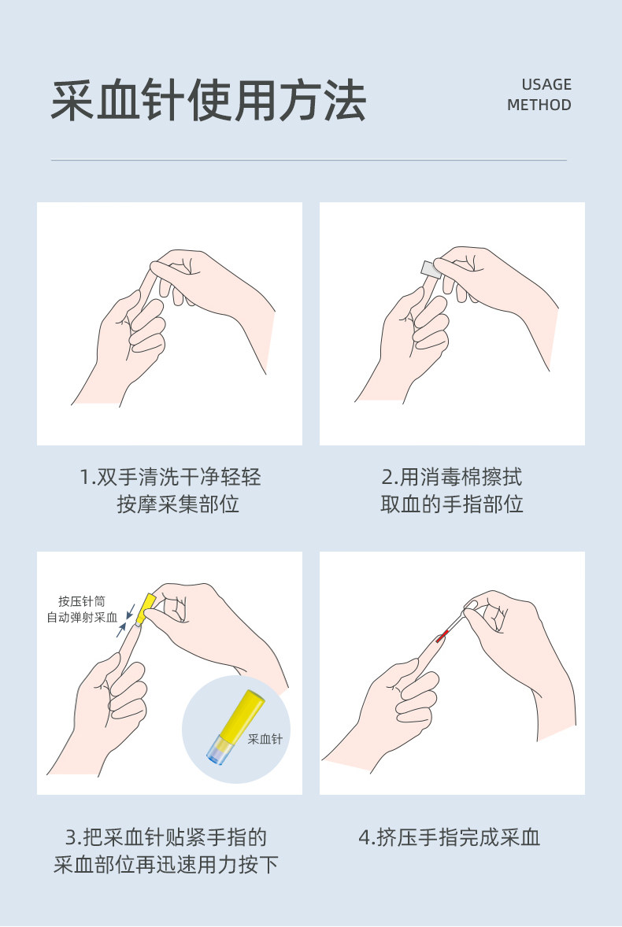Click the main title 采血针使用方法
pyautogui.click(x=208, y=101)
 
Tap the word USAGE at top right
pyautogui.click(x=546, y=84)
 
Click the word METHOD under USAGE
pyautogui.click(x=539, y=105)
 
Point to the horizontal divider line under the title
pyautogui.click(x=309, y=160)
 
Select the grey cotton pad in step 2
pyautogui.click(x=431, y=270)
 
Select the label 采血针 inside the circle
pyautogui.click(x=265, y=738)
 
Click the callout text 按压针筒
pyautogui.click(x=82, y=601)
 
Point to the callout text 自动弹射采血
pyautogui.click(x=82, y=617)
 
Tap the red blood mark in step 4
pyautogui.click(x=442, y=637)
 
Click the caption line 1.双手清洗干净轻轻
pyautogui.click(x=170, y=477)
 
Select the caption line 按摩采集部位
pyautogui.click(x=178, y=504)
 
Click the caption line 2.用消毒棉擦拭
pyautogui.click(x=452, y=477)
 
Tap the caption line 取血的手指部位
pyautogui.click(x=452, y=504)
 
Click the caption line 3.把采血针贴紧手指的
pyautogui.click(x=166, y=837)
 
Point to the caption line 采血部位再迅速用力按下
pyautogui.click(x=166, y=865)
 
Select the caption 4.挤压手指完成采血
pyautogui.click(x=450, y=837)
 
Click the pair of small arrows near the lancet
pyautogui.click(x=126, y=619)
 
